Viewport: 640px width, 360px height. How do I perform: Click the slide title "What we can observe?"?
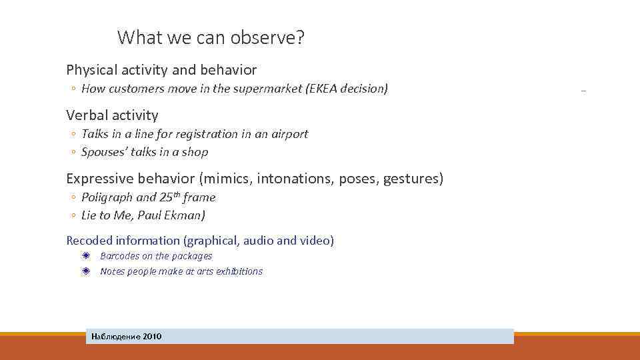(211, 38)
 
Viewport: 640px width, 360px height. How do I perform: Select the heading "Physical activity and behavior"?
(161, 69)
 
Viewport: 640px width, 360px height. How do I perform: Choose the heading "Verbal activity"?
(112, 115)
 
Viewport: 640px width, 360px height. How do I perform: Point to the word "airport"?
(288, 134)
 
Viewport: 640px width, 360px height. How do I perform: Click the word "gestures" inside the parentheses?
(413, 179)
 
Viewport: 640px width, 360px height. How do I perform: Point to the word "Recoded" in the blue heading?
(89, 241)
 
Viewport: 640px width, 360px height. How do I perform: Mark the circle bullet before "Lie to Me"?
(72, 216)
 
